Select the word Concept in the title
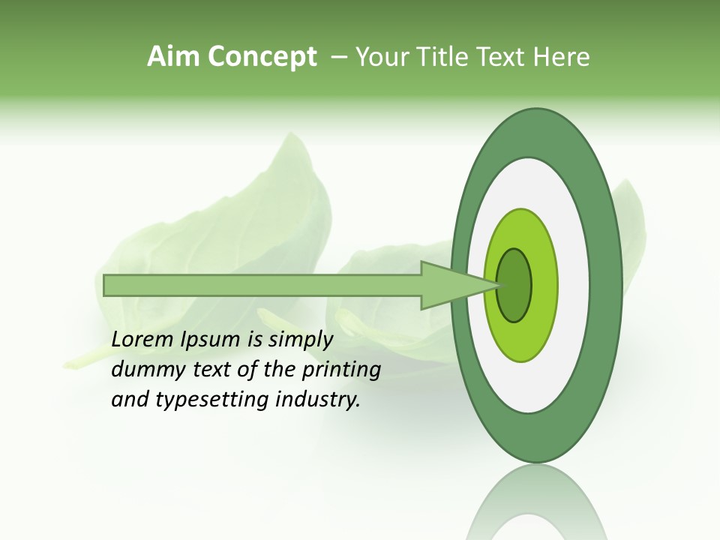pos(262,58)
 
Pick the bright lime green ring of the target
pos(544,285)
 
